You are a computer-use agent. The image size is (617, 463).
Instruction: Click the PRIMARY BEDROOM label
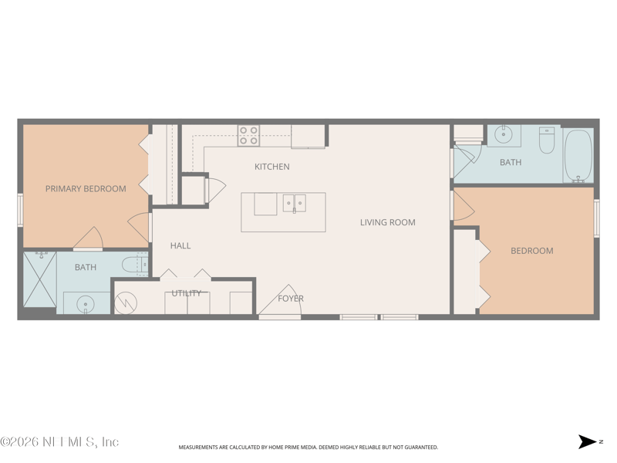pyautogui.click(x=86, y=188)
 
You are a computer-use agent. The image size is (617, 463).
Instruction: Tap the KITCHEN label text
pyautogui.click(x=272, y=167)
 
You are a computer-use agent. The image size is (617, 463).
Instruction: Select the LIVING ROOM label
pyautogui.click(x=387, y=222)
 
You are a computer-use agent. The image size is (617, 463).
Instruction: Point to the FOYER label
pyautogui.click(x=291, y=299)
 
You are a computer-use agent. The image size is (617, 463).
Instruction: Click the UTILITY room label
pyautogui.click(x=187, y=293)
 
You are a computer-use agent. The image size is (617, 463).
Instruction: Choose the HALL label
pyautogui.click(x=180, y=245)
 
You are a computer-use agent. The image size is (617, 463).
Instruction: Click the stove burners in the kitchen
pyautogui.click(x=248, y=136)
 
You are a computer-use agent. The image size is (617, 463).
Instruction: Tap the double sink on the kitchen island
pyautogui.click(x=294, y=204)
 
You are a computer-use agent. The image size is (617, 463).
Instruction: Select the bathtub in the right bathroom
pyautogui.click(x=578, y=155)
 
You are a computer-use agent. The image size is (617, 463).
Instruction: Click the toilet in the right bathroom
pyautogui.click(x=547, y=140)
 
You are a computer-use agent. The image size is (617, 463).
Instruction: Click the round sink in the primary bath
pyautogui.click(x=85, y=303)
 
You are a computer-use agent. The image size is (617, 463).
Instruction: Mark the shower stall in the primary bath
pyautogui.click(x=40, y=279)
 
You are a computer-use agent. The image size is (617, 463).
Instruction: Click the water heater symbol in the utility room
pyautogui.click(x=125, y=302)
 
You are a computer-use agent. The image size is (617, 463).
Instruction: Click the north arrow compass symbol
pyautogui.click(x=588, y=442)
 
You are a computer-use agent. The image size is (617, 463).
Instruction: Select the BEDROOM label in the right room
pyautogui.click(x=532, y=251)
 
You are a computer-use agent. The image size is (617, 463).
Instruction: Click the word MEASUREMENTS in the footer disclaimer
pyautogui.click(x=201, y=448)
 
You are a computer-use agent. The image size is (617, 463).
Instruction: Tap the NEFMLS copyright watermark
pyautogui.click(x=59, y=442)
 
